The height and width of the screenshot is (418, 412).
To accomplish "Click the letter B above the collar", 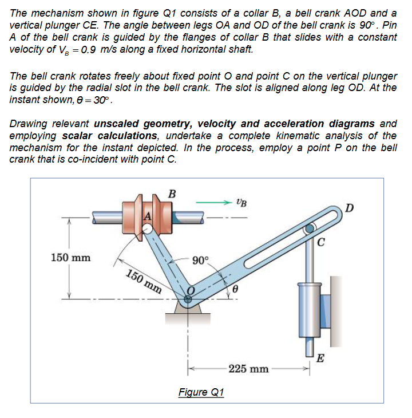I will (170, 193).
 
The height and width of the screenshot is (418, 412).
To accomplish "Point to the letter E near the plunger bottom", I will (321, 359).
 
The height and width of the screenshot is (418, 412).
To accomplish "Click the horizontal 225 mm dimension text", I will (248, 369).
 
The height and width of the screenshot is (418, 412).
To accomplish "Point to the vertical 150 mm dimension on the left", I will (70, 257).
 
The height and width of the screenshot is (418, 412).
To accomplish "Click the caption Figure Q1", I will (201, 392).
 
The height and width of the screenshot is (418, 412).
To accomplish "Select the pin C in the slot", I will (310, 229).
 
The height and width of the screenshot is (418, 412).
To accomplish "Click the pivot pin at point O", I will (188, 298).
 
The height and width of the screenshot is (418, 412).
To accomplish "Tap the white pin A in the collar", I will (148, 229).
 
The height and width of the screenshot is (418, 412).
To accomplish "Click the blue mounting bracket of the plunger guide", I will (326, 311).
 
